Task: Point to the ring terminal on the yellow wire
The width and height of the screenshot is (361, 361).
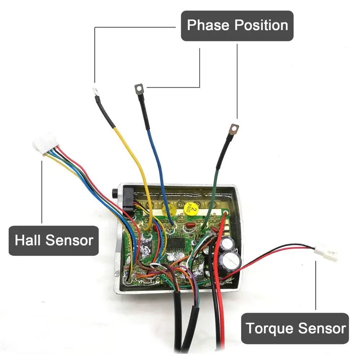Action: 96,92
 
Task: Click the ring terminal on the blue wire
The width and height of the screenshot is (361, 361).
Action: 139,87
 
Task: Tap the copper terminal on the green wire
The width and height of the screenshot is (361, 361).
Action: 235,128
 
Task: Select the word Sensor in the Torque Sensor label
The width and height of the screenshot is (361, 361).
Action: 321,329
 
